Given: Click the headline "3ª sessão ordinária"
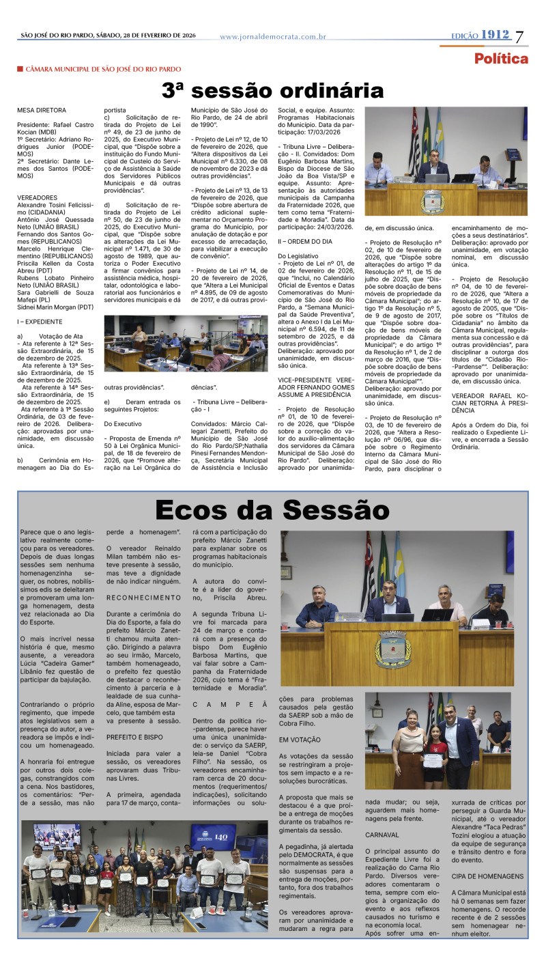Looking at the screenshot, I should point(272,90).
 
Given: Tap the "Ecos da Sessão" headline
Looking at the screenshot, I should point(272,510).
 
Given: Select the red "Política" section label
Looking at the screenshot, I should point(501,59).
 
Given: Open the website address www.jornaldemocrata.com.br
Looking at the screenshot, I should point(272,37).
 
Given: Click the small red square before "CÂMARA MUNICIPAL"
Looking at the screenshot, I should point(20,69).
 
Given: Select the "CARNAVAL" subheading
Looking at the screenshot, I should point(382,835).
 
